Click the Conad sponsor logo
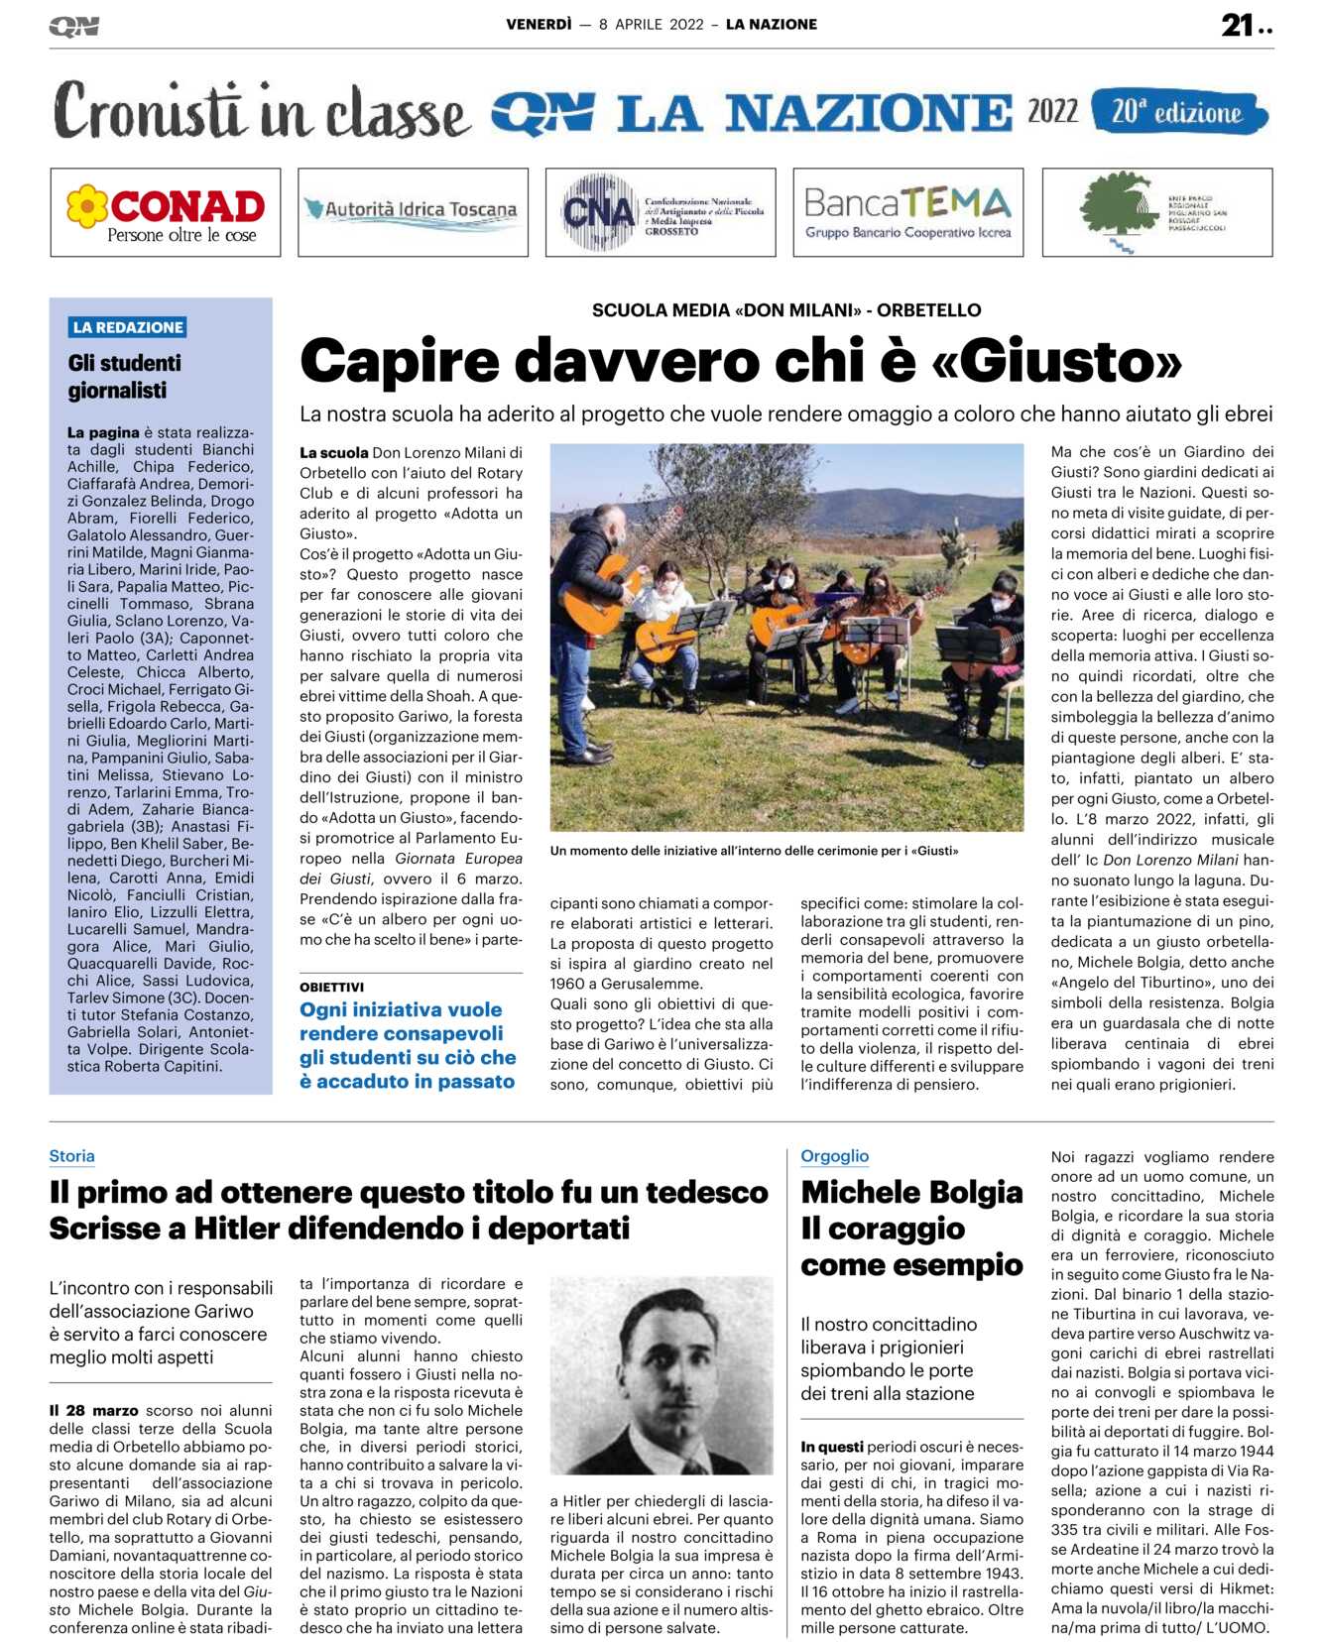tap(166, 212)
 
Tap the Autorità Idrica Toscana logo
tap(413, 210)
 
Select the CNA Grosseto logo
tap(661, 212)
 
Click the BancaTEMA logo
tap(907, 212)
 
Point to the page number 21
tap(1238, 25)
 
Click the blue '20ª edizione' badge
tap(1178, 111)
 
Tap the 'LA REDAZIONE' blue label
tap(128, 327)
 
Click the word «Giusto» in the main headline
tap(1057, 361)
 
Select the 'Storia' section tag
tap(72, 1156)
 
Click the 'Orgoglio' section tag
tap(834, 1156)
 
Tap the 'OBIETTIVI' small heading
tap(332, 987)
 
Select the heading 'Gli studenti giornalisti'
tap(125, 377)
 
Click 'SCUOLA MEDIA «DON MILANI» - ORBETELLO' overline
tap(786, 310)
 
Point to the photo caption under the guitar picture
tap(754, 851)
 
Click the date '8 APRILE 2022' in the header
tap(652, 25)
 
